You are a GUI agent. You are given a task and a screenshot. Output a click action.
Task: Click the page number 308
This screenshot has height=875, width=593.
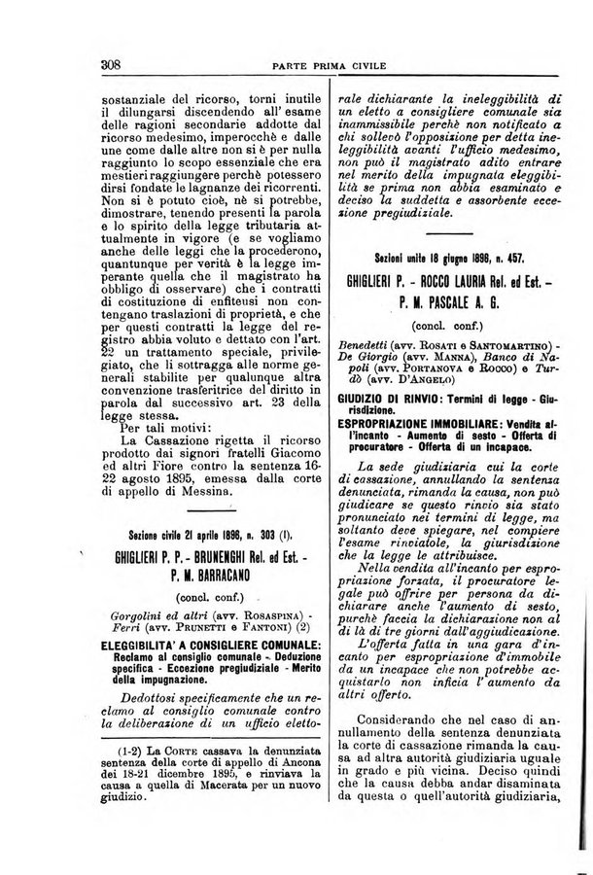109,66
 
